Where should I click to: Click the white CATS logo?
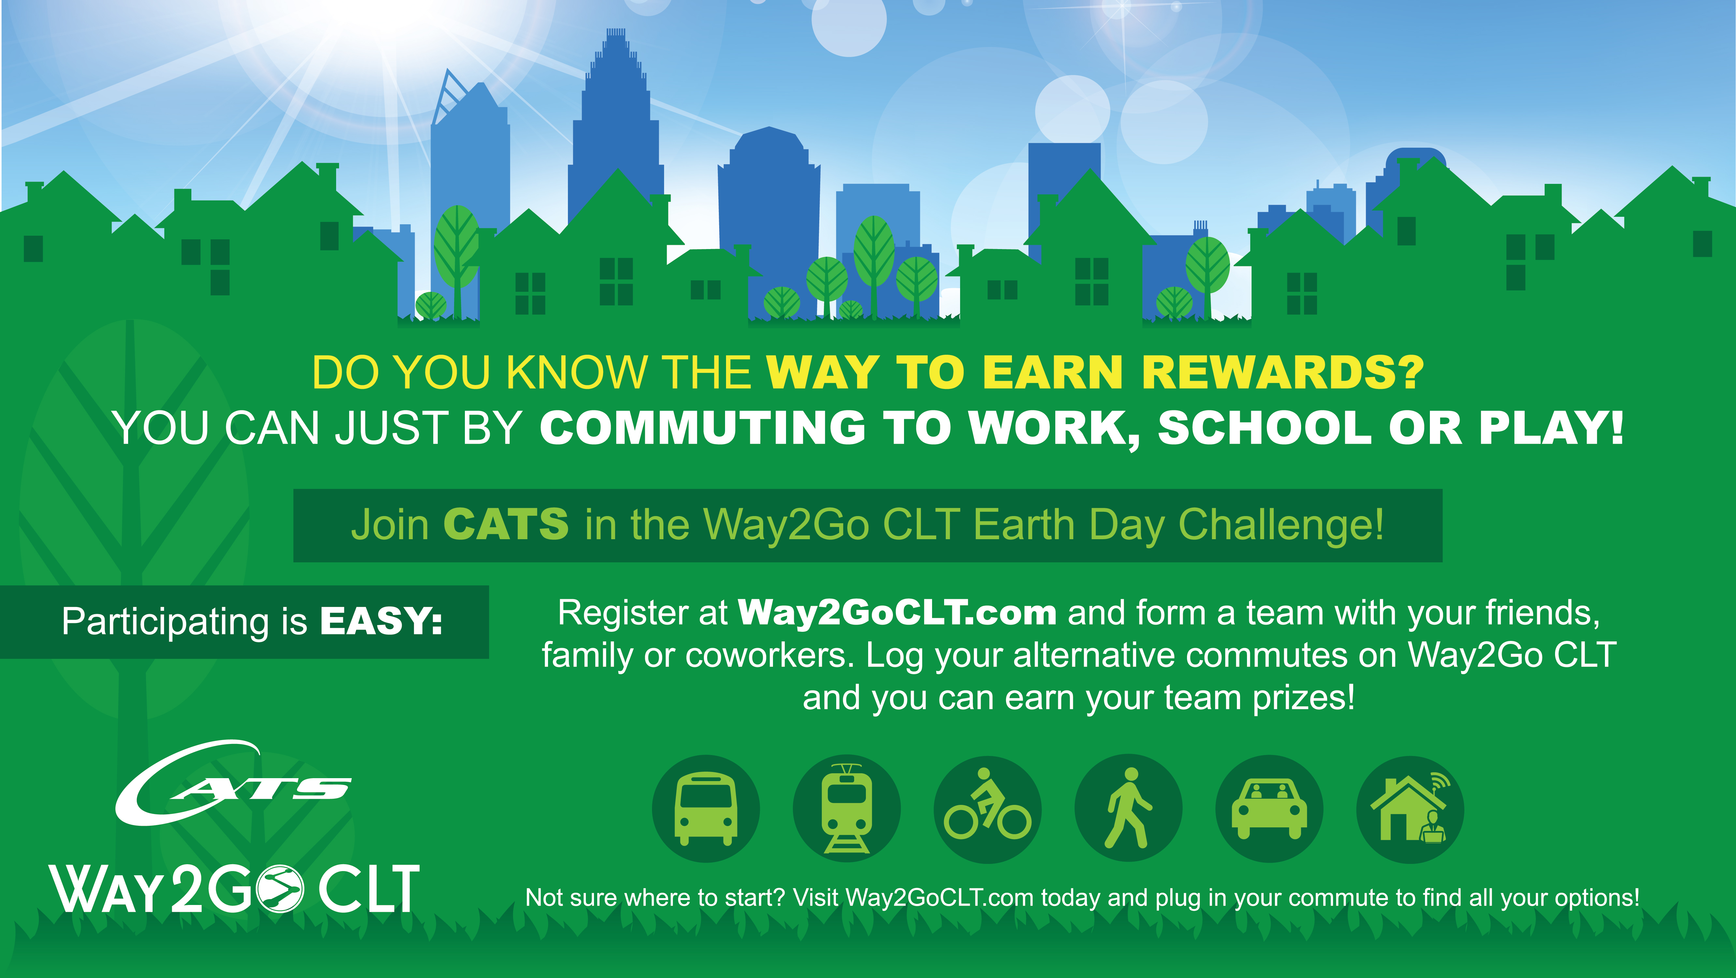pos(232,783)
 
